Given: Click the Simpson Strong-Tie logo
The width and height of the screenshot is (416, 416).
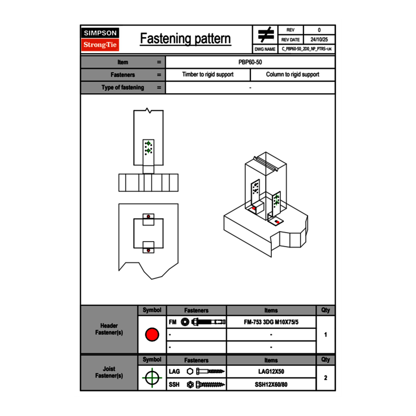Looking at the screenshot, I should tap(100, 39).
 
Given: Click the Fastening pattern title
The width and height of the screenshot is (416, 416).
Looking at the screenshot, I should tap(185, 39).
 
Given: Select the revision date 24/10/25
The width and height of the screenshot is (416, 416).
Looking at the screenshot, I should tap(319, 40).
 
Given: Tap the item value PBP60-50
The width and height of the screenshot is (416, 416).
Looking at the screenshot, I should tap(250, 62).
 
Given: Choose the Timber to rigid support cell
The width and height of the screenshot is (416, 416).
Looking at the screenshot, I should tap(208, 75).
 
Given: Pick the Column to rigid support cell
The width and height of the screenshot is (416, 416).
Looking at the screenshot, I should tap(292, 75).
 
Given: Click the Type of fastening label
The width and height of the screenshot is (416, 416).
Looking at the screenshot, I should tap(122, 87).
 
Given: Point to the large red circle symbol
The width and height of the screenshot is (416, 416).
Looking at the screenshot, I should tap(152, 335).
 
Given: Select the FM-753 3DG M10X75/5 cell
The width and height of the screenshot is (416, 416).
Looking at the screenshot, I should tap(271, 322).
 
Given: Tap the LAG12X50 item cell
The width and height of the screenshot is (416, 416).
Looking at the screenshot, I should tap(271, 372).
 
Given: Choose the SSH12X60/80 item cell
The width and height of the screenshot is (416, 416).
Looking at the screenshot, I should tap(271, 384).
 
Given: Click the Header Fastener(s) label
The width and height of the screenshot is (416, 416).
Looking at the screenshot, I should tap(109, 329).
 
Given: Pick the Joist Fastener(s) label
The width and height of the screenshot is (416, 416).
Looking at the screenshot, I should tap(109, 373).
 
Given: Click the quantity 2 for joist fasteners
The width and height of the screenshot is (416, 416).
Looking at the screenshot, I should tap(326, 378).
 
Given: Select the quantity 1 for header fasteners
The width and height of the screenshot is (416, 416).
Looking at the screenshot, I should tap(326, 335).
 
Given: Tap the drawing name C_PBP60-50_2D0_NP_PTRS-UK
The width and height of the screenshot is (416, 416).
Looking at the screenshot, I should tap(306, 49).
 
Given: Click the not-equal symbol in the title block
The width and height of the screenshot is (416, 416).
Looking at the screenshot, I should tap(266, 35).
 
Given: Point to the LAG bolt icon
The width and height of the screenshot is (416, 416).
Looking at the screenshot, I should tap(207, 372).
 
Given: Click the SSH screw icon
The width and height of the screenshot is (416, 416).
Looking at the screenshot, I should tap(206, 384).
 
